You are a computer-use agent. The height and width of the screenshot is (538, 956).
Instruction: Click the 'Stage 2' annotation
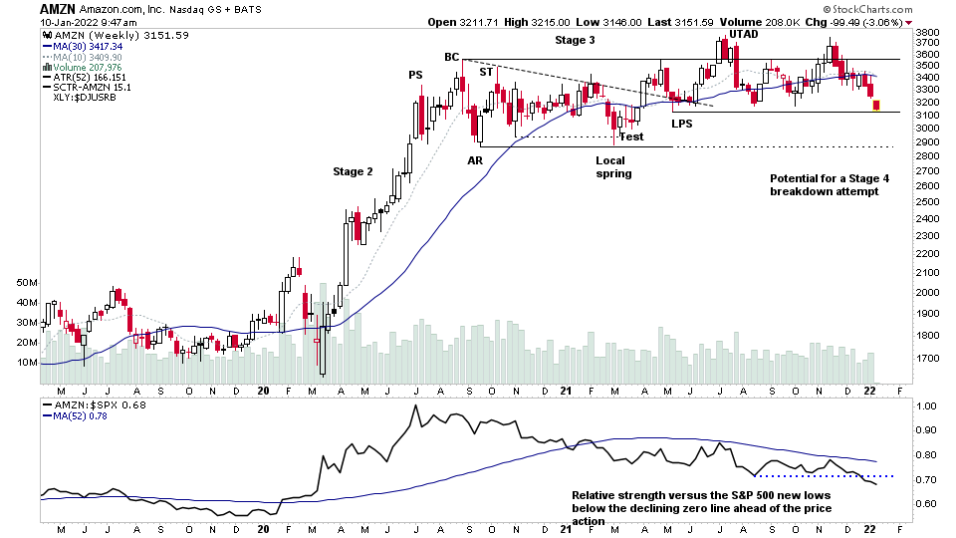(x=353, y=171)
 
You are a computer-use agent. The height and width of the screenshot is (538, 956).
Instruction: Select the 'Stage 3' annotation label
(x=576, y=40)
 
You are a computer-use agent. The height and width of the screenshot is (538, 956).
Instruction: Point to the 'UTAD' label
(x=743, y=34)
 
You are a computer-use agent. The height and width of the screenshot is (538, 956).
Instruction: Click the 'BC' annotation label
(x=451, y=57)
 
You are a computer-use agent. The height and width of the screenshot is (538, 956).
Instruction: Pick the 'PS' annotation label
(x=415, y=75)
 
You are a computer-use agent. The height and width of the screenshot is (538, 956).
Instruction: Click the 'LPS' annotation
(x=681, y=124)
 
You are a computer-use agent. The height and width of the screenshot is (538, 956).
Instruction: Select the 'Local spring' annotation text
(x=613, y=166)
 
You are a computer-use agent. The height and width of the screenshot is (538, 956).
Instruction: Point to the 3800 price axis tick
(x=928, y=32)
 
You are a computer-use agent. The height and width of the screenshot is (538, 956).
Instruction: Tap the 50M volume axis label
(x=26, y=283)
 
